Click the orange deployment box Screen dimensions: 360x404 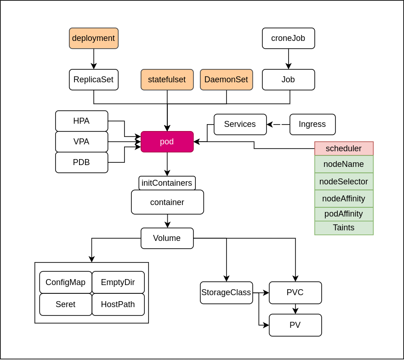tap(94, 38)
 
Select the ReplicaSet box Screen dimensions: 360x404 tap(94, 80)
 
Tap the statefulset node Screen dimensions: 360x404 tap(167, 80)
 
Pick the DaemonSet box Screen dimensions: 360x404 tap(226, 80)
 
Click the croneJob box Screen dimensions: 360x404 tap(288, 38)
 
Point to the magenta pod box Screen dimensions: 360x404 tap(167, 142)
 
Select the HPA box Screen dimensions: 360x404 tap(81, 121)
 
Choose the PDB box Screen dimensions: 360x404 tap(81, 162)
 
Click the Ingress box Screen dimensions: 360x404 tap(313, 124)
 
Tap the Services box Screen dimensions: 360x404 tap(240, 124)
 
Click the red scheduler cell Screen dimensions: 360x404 tap(344, 149)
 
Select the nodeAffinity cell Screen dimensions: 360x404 tap(344, 199)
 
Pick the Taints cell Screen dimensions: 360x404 tap(344, 228)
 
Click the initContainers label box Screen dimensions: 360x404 tap(167, 183)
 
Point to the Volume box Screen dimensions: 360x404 tap(167, 238)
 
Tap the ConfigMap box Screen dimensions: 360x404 tap(65, 282)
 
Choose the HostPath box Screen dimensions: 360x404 tap(118, 304)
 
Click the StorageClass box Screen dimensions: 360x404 tap(226, 292)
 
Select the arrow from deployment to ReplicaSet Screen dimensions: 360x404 tap(94, 59)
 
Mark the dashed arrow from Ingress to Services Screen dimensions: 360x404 tap(278, 124)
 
